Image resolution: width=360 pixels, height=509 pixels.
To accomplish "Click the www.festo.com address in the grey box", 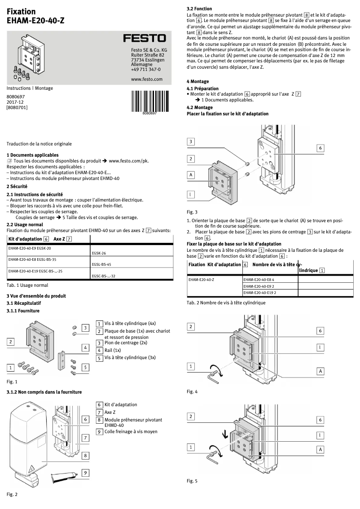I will [x=146, y=79].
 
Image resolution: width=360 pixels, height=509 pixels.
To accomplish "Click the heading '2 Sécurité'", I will [x=17, y=186].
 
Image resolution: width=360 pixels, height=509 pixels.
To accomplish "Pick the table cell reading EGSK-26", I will [x=98, y=253].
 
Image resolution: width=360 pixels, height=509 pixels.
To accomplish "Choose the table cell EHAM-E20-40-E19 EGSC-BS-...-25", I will [x=35, y=271].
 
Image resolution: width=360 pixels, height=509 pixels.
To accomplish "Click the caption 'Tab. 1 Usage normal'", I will [x=27, y=285].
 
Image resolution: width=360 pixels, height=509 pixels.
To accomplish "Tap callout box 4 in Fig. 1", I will [x=85, y=347].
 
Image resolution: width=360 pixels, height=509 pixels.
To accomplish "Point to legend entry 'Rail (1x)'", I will [x=113, y=350].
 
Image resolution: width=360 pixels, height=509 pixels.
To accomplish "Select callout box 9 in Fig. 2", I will [x=85, y=473].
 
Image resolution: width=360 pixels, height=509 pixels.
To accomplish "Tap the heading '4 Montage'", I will [x=198, y=81].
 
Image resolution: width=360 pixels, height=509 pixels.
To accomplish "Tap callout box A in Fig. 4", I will [x=320, y=371].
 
